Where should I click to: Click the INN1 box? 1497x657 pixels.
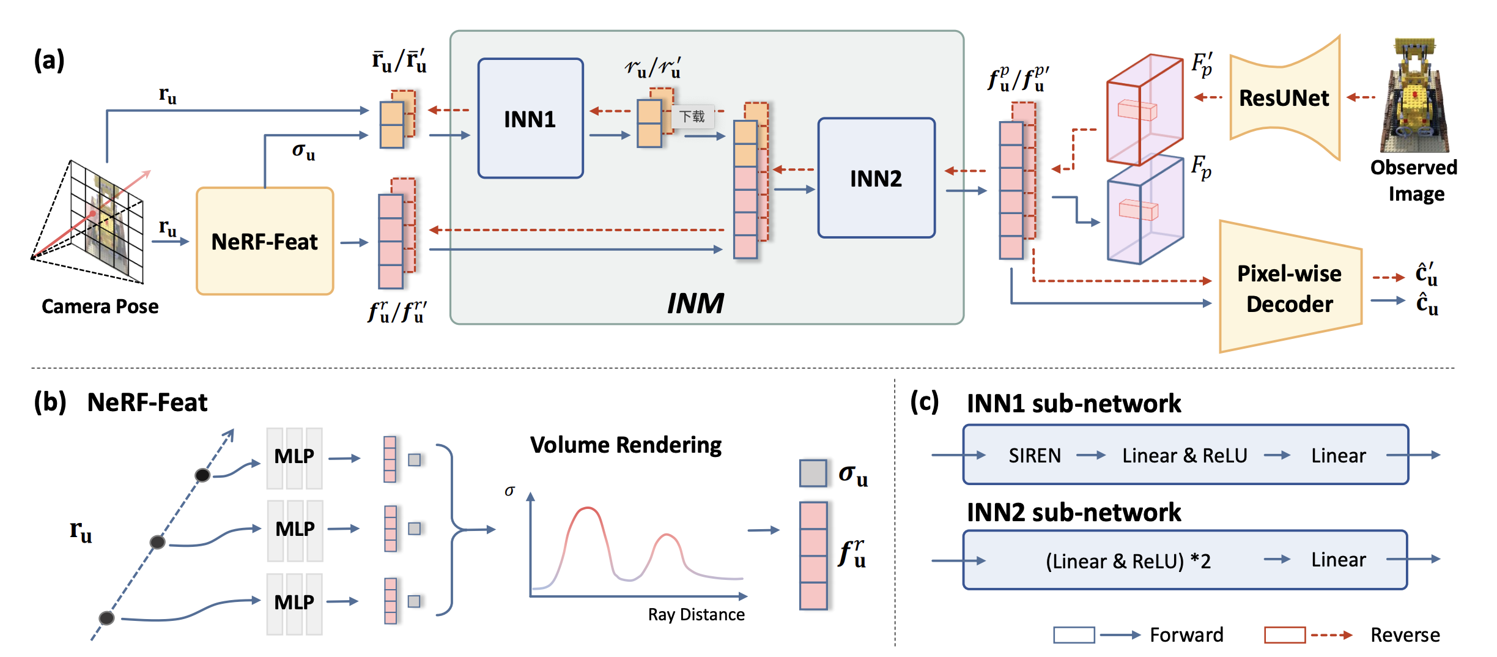[530, 119]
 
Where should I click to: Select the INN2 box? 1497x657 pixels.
[876, 178]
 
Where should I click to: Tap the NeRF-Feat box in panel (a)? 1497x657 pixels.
[264, 242]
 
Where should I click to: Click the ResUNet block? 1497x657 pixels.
[1284, 98]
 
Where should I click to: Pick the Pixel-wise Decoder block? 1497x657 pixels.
[1290, 288]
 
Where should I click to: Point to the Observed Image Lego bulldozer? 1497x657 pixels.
[1414, 98]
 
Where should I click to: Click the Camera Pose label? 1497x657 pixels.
[100, 306]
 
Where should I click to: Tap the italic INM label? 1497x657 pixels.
[695, 303]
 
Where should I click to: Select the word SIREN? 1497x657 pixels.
[1035, 456]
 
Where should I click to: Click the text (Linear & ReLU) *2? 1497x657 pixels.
[1128, 561]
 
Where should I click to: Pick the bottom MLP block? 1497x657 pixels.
[294, 603]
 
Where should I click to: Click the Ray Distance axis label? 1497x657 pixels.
[696, 615]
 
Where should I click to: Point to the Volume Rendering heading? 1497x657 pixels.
[626, 445]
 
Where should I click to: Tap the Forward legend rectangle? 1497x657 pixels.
[1074, 635]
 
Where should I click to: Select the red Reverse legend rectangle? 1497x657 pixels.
[1285, 635]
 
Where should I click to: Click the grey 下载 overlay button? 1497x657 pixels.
[692, 116]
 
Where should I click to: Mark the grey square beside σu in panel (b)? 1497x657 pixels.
[813, 473]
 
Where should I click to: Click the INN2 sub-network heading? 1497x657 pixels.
[1073, 512]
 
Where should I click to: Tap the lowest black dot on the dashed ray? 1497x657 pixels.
[106, 618]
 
